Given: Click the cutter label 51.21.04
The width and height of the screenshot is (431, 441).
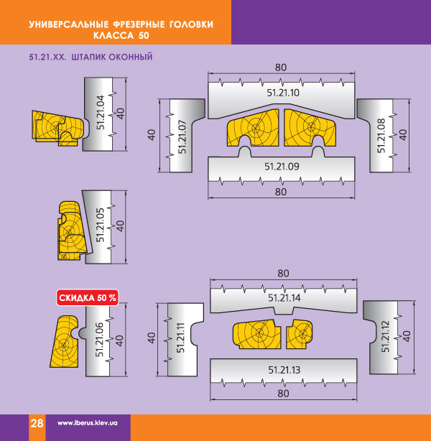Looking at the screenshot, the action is (101, 113).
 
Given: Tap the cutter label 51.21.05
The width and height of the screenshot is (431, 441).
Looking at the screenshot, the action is (100, 225).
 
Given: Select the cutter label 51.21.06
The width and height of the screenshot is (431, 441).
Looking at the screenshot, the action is (100, 340).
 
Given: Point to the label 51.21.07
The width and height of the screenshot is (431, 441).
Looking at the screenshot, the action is (182, 136).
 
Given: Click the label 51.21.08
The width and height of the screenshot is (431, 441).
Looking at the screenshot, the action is (381, 136).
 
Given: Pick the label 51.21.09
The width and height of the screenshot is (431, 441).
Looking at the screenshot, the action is (282, 167).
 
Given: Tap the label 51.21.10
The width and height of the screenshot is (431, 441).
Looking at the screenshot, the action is (283, 93).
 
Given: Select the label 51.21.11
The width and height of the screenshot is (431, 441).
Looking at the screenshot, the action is (180, 338).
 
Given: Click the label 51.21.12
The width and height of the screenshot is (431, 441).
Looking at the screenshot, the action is (386, 336).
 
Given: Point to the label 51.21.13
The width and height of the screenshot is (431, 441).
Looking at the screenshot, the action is (284, 370).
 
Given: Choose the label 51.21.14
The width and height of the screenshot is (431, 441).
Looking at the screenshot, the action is (284, 297).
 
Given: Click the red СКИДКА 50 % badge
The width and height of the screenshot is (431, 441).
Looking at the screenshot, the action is (88, 297).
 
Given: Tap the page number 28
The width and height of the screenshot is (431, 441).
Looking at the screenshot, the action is (37, 423).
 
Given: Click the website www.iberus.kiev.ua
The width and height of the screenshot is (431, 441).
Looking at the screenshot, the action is (88, 423).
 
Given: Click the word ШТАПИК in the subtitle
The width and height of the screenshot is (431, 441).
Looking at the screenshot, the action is (88, 57).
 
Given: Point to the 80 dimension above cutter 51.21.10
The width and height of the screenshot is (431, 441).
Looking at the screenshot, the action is (281, 68).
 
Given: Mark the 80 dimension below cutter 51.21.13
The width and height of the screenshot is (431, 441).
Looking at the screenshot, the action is (283, 394).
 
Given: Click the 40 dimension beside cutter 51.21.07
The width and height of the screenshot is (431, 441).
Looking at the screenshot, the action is (152, 135).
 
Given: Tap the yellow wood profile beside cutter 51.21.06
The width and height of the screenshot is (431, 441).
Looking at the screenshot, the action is (65, 341).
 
